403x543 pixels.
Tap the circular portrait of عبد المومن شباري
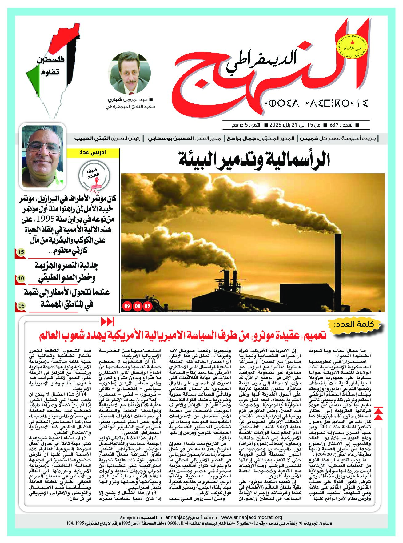pos(130,73)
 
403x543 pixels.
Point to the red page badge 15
pos(21,252)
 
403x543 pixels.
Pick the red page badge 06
pos(21,306)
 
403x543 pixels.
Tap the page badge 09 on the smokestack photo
pos(127,306)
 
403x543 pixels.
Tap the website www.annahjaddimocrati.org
pos(251,517)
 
